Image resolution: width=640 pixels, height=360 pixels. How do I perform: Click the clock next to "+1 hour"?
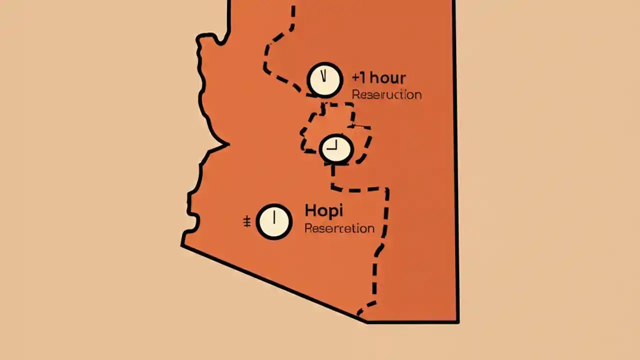[325, 79]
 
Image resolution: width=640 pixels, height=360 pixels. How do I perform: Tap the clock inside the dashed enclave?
[336, 148]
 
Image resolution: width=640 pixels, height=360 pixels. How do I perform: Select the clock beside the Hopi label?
[274, 221]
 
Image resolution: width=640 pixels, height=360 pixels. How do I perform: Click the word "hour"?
[388, 78]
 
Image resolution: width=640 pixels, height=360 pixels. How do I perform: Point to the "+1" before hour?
[360, 78]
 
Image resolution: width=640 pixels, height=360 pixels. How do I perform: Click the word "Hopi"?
[323, 211]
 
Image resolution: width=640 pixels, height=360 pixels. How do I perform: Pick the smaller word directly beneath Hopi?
[339, 228]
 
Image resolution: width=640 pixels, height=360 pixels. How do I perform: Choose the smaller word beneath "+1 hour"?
[386, 94]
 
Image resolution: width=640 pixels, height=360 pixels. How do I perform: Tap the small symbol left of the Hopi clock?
[246, 222]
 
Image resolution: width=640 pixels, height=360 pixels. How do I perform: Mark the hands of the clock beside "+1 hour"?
[324, 76]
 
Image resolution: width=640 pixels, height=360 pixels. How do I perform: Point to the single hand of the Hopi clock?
[274, 218]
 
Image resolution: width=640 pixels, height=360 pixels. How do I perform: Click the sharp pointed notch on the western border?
[227, 145]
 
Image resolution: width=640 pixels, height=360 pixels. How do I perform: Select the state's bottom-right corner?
[457, 321]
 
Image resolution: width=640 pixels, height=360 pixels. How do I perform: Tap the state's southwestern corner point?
[182, 245]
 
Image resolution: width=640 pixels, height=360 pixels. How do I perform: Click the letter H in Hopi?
[309, 210]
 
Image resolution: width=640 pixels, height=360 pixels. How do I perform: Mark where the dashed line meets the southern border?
[359, 315]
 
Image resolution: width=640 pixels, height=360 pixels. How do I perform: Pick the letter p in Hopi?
[332, 212]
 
